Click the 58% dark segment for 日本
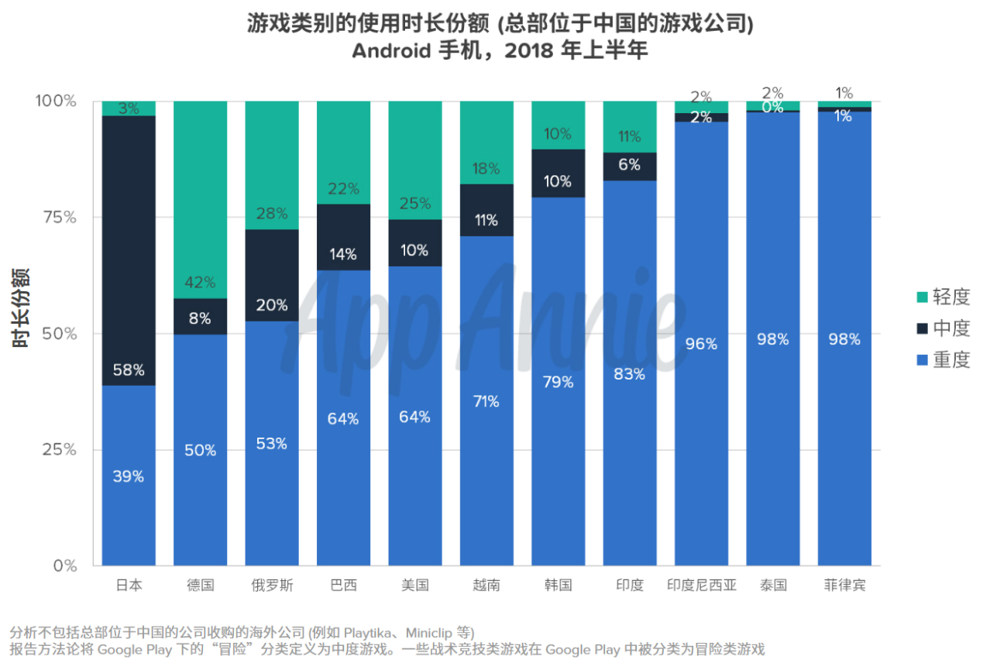pos(129,250)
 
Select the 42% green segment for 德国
pos(200,199)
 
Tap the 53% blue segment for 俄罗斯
pos(272,443)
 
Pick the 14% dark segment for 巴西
pos(343,237)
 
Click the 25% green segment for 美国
pos(415,160)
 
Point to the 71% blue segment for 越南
pos(486,400)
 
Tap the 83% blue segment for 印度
pos(630,373)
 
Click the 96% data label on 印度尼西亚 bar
pos(701,343)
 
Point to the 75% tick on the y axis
pos(58,218)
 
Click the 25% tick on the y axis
pos(58,450)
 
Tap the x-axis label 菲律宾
pos(844,585)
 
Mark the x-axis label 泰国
pos(772,585)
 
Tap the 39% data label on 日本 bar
pos(129,476)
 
